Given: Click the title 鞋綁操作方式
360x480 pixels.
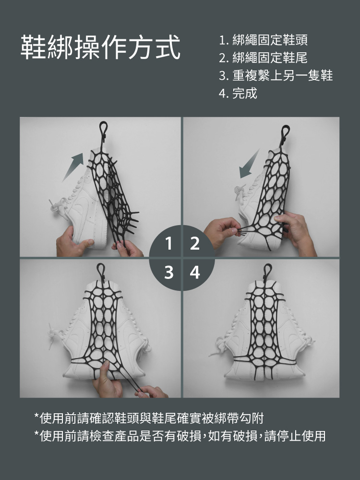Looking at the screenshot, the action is pyautogui.click(x=100, y=47).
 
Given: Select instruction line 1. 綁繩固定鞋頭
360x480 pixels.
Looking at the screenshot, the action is pyautogui.click(x=263, y=40).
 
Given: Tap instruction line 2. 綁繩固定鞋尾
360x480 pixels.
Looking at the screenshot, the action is pyautogui.click(x=263, y=58).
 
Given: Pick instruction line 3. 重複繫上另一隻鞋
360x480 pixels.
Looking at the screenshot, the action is pyautogui.click(x=276, y=75).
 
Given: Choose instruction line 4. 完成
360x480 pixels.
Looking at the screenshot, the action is pyautogui.click(x=238, y=93).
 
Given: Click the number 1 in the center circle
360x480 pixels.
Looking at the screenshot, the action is pyautogui.click(x=168, y=243).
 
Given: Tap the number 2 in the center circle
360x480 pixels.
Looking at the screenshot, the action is pyautogui.click(x=195, y=243).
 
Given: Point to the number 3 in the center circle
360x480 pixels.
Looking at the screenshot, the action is pyautogui.click(x=168, y=272).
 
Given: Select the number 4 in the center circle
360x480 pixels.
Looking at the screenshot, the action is pyautogui.click(x=195, y=272).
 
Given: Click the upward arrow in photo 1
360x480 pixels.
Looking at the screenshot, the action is pyautogui.click(x=73, y=167).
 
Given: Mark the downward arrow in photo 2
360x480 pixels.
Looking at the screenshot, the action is pyautogui.click(x=249, y=164).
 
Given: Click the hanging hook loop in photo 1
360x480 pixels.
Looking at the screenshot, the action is pyautogui.click(x=104, y=131).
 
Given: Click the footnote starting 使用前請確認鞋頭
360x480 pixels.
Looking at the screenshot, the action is pyautogui.click(x=149, y=418).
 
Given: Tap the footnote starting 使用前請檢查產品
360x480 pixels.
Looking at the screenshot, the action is pyautogui.click(x=180, y=436).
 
